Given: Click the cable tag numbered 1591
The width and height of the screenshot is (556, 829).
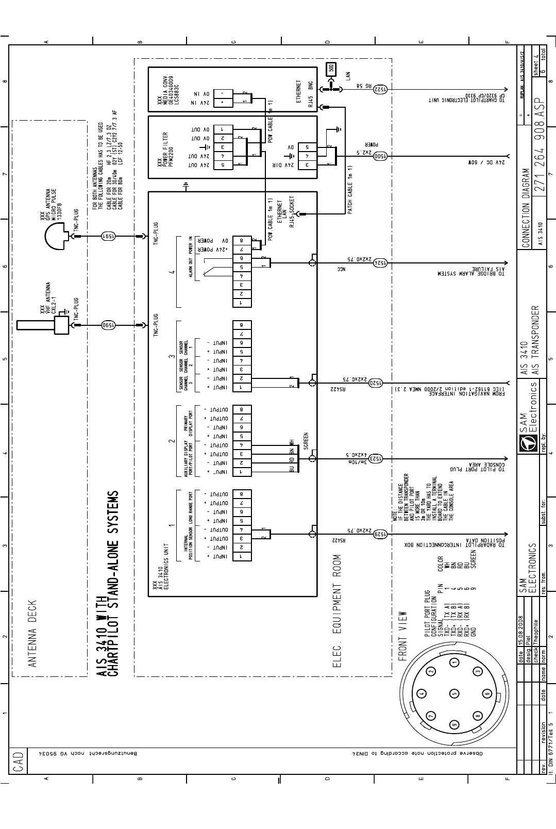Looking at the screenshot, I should pyautogui.click(x=109, y=236).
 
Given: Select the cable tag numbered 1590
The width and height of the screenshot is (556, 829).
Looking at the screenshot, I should pyautogui.click(x=109, y=325).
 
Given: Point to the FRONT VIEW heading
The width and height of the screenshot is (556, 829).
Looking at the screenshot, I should pyautogui.click(x=403, y=636).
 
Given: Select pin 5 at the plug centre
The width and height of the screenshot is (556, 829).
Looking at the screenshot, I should pyautogui.click(x=453, y=693).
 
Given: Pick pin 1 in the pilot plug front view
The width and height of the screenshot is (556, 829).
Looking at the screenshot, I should pyautogui.click(x=454, y=663).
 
